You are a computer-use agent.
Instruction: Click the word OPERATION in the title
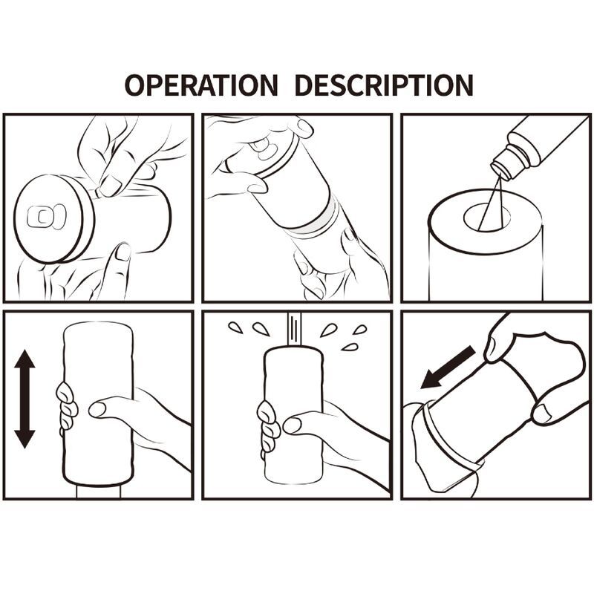click(x=200, y=85)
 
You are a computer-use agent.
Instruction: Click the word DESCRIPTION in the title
click(x=384, y=85)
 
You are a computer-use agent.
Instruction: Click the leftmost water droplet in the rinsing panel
click(x=235, y=327)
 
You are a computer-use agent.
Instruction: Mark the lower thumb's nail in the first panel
click(x=123, y=252)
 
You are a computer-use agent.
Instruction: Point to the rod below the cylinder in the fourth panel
click(x=98, y=492)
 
